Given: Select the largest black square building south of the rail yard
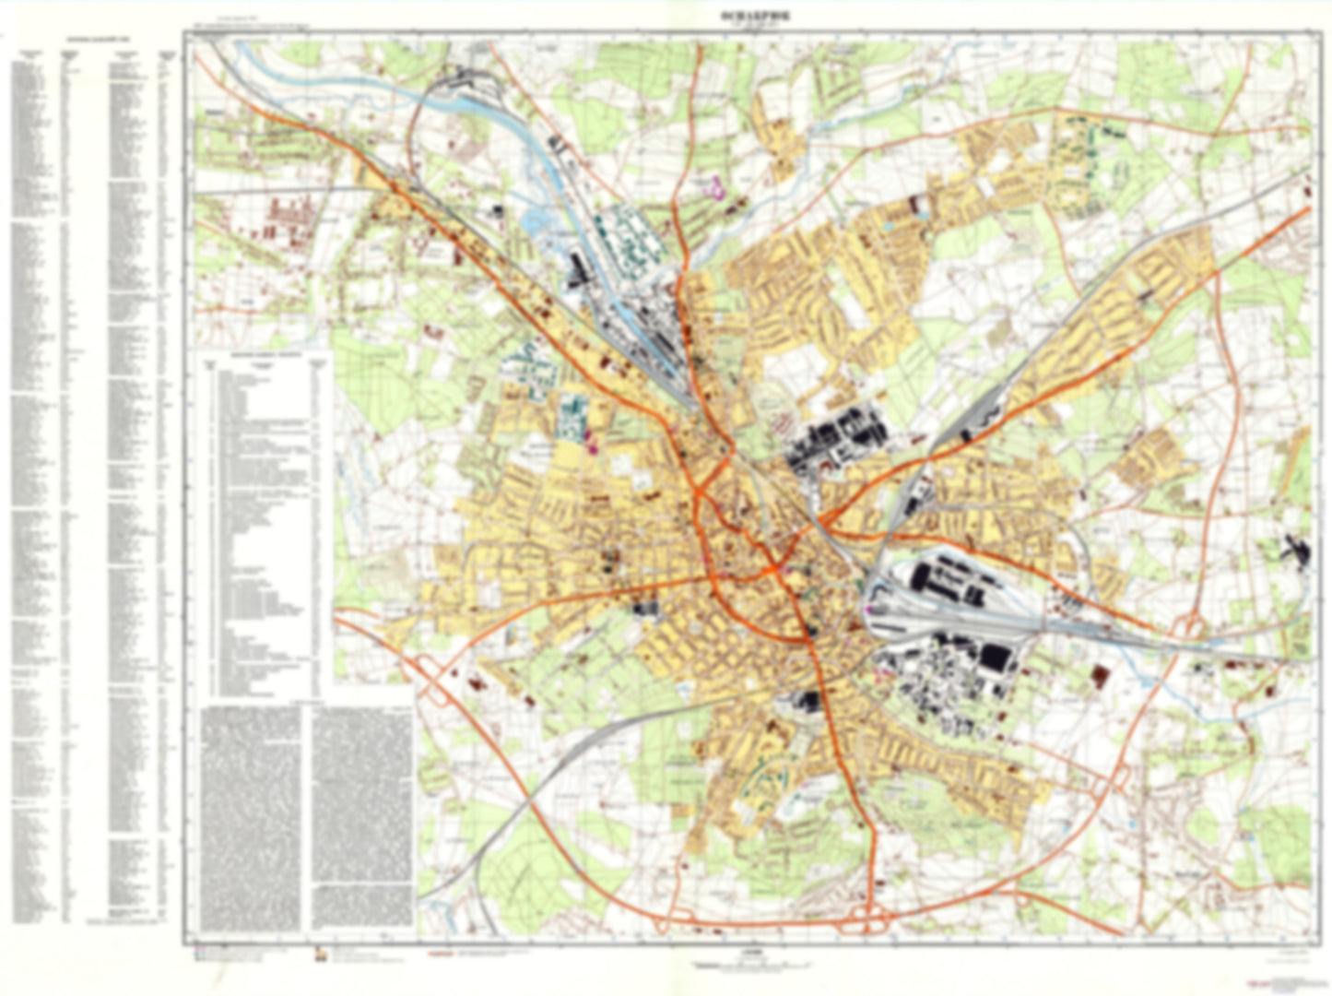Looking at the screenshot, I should point(994,658).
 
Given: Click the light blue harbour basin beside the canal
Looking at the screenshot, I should point(536,222).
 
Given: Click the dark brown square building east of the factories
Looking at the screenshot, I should point(1100,676).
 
